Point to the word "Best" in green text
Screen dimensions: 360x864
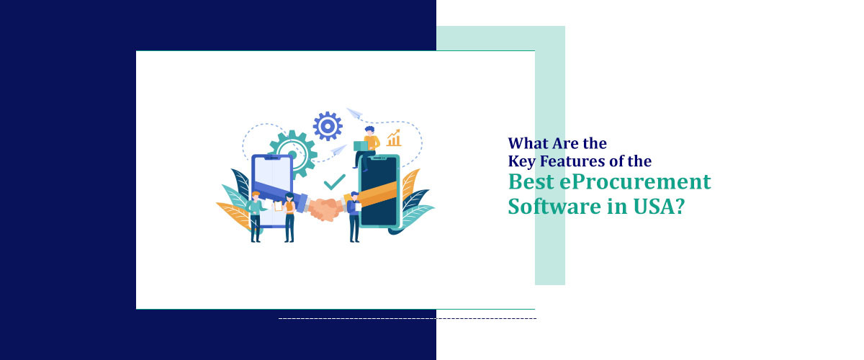tap(532, 182)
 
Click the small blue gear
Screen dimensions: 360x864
tap(327, 126)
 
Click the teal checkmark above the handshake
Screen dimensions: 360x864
tap(334, 181)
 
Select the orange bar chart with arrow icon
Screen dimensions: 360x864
tap(394, 138)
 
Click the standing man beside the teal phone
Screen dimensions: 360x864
tap(353, 216)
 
